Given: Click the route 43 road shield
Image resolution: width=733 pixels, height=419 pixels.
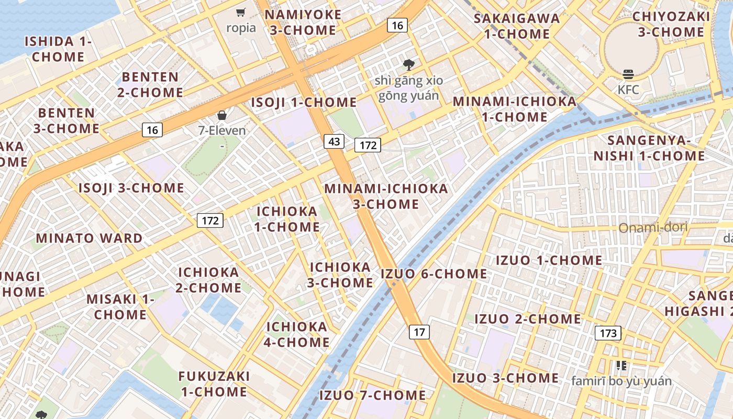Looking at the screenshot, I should pos(334,141).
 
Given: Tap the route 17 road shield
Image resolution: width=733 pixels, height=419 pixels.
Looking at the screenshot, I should pos(419,332).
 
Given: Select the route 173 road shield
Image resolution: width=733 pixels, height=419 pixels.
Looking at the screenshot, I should pos(608,333).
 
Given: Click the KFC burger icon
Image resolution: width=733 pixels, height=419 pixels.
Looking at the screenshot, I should pos(628,75).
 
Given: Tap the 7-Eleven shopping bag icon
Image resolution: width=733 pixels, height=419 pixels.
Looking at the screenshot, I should pos(222,115).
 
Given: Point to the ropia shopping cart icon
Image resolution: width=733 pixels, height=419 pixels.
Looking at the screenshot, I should pos(241,13).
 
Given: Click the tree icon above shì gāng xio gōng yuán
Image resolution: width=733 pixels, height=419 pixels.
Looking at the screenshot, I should pos(408,65).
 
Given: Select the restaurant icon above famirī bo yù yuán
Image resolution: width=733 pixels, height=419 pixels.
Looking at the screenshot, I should pos(621,366).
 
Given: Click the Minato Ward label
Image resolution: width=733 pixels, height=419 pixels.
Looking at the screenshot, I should pos(90,238).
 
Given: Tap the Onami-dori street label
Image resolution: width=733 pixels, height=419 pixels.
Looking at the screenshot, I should pos(653,228).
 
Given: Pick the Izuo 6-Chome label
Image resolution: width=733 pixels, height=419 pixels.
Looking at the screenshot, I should pos(434,273).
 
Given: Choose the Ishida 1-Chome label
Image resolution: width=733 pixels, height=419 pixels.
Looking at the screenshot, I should pos(58,49).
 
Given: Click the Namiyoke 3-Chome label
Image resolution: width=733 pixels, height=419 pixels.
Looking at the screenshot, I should pos(303,23).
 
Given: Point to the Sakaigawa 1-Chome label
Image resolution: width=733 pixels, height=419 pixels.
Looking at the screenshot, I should pos(517,26).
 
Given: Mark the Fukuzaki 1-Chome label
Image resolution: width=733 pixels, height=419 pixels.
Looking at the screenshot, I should pos(214,384).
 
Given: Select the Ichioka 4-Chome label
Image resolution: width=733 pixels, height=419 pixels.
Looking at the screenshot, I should pos(297,334).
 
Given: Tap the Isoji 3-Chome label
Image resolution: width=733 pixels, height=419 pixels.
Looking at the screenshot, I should pos(131,188).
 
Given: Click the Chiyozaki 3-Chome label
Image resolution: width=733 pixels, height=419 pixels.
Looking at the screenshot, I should pos(671,24).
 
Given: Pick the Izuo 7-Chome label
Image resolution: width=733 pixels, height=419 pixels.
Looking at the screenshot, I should pos(372,395).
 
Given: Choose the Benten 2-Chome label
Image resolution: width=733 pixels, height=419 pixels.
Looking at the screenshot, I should pos(150,84).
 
